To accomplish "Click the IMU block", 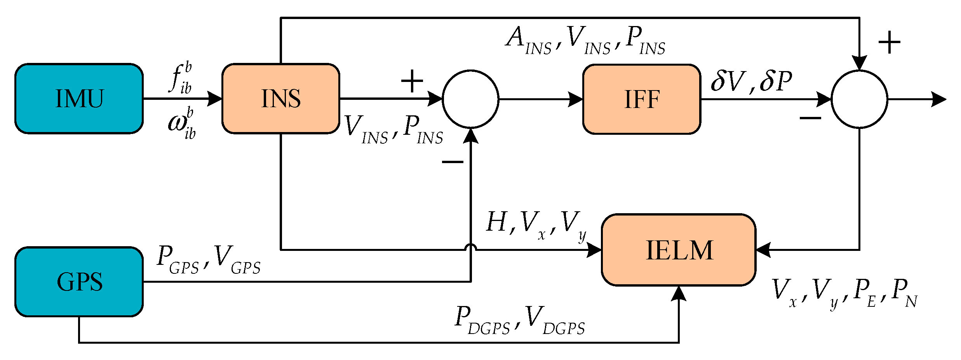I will [79, 99].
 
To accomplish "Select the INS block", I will [281, 99].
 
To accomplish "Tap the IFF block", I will [642, 99].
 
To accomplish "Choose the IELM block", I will [679, 250].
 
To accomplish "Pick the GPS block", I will [79, 282].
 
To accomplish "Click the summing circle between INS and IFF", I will [470, 99].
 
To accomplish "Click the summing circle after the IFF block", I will [859, 99].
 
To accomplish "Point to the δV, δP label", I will [751, 81].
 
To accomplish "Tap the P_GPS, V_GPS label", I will [209, 259].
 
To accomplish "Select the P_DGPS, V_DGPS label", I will [520, 320].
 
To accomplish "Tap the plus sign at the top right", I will [889, 42].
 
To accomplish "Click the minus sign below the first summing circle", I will [453, 162].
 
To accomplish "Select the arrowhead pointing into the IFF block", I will [576, 99].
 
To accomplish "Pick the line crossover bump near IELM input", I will [471, 247].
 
